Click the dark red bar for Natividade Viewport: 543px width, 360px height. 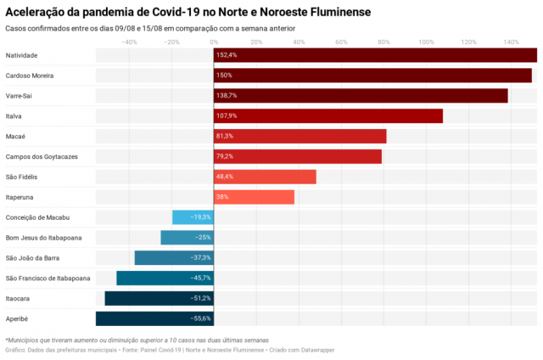tap(375, 55)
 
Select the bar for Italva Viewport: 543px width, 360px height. tap(328, 115)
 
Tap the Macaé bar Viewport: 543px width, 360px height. tap(300, 136)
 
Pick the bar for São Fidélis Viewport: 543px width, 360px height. tap(265, 177)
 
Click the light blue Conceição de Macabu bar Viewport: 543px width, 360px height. tap(193, 217)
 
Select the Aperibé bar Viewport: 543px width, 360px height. tap(154, 318)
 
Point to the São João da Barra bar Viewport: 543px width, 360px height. tap(174, 258)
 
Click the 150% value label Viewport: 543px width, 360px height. tap(224, 76)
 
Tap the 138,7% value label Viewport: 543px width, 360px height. tap(227, 96)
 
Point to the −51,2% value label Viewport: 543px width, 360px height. tap(200, 298)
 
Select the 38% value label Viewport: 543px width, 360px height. tap(222, 197)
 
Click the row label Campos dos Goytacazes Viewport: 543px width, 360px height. tap(42, 156)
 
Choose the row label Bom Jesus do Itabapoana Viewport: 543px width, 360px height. tap(43, 238)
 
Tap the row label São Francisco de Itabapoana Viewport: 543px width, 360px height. tap(48, 278)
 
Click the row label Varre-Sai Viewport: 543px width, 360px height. tap(19, 96)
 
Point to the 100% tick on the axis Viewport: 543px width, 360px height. tap(426, 42)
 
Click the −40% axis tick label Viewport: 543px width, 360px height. tap(129, 42)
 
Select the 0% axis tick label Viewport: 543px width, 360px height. tap(214, 42)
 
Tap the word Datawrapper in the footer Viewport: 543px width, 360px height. tap(318, 350)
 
